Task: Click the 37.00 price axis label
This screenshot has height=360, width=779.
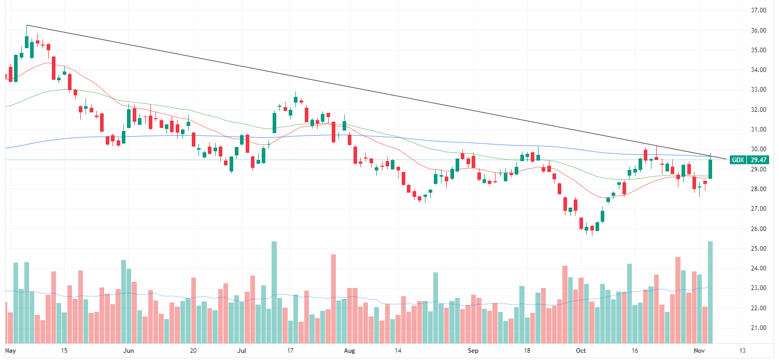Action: pos(759,10)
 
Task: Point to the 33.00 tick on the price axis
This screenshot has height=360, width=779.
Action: pos(759,90)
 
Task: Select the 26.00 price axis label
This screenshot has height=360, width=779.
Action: pos(759,229)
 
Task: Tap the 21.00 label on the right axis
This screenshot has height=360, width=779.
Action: pos(759,328)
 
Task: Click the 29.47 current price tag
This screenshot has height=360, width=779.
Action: pos(758,160)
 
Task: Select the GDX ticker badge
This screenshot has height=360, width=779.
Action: pos(738,160)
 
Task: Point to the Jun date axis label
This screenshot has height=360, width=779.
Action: pos(129,351)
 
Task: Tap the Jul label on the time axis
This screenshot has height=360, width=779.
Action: pos(241,351)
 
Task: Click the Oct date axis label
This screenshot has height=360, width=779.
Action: pos(581,351)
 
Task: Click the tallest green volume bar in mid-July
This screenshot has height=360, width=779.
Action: pos(274,293)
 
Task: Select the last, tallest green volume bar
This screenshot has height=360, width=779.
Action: pos(710,293)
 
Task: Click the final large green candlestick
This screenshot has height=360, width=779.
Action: pos(710,169)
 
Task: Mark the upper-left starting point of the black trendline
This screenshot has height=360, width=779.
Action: pos(26,25)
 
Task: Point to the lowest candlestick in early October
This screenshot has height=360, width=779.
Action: pos(591,229)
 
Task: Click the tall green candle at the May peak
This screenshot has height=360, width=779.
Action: pos(26,42)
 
